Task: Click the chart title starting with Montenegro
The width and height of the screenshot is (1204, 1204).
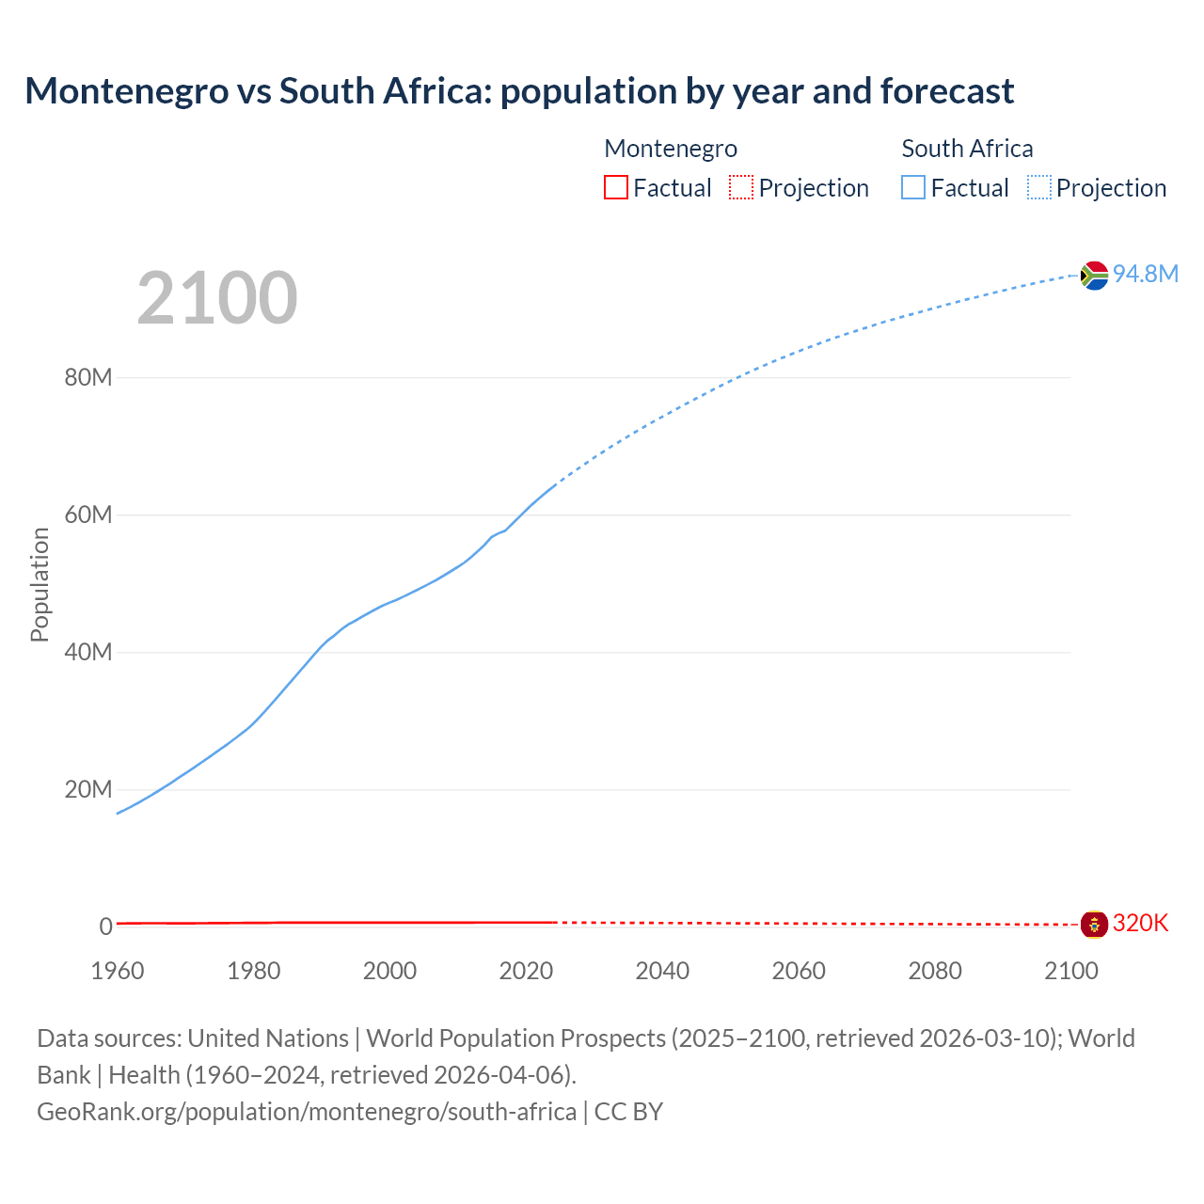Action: (x=519, y=91)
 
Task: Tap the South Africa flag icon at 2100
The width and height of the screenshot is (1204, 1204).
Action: (x=1094, y=275)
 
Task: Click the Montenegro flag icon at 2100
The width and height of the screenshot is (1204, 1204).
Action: (x=1094, y=924)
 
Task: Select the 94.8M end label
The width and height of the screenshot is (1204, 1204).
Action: (x=1145, y=274)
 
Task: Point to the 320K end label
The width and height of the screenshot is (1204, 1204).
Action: (x=1140, y=924)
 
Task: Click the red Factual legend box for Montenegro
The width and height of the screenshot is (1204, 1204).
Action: (x=616, y=187)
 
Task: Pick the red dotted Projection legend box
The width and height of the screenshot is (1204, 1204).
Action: (x=741, y=187)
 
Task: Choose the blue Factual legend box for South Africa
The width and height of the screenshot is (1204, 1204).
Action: (x=913, y=187)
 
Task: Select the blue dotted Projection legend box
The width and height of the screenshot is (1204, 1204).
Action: (x=1039, y=187)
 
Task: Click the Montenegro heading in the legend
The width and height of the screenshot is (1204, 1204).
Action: (x=671, y=149)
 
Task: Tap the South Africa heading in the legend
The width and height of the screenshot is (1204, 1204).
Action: (x=967, y=149)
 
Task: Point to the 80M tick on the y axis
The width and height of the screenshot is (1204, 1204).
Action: (x=88, y=377)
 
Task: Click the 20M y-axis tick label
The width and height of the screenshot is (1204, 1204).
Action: (x=88, y=789)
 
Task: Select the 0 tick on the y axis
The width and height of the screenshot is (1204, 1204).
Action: (x=105, y=927)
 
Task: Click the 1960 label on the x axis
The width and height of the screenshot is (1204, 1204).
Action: (x=118, y=971)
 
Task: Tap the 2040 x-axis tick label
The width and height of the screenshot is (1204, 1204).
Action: (x=662, y=971)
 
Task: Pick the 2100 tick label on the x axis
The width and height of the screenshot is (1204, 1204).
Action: (x=1071, y=971)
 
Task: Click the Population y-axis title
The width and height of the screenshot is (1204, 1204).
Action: (x=40, y=584)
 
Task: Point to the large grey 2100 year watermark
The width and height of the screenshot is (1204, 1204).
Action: (x=217, y=298)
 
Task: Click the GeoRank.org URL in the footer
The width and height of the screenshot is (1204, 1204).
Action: (x=307, y=1112)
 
